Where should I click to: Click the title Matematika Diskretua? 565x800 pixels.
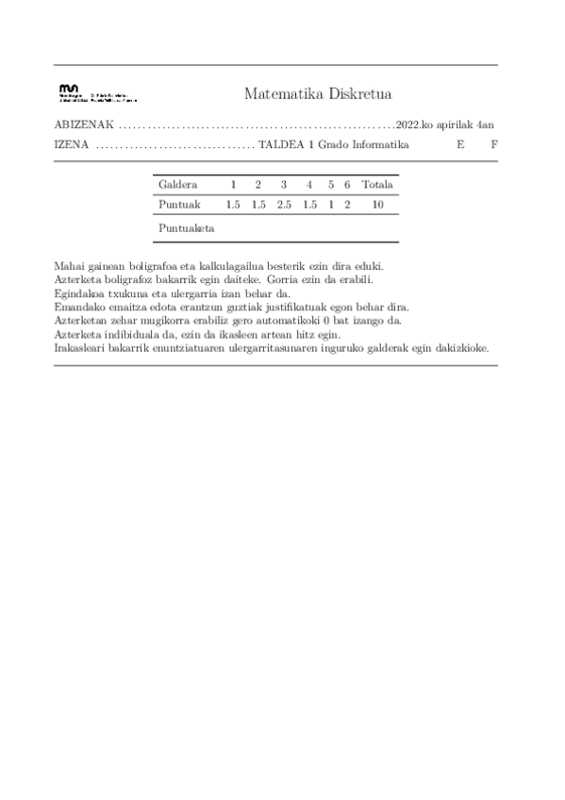click(317, 93)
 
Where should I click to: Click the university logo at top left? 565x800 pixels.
click(96, 93)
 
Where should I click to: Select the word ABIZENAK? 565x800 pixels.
click(85, 125)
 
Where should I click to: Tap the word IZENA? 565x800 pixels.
click(72, 145)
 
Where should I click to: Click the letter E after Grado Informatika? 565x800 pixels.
click(460, 145)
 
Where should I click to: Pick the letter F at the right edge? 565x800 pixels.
click(493, 145)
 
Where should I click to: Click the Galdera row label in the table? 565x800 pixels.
click(178, 185)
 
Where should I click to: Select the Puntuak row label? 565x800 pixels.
click(178, 205)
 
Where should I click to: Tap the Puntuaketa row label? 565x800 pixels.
click(187, 228)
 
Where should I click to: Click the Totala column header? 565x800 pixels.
click(377, 185)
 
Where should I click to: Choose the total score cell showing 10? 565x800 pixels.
click(377, 205)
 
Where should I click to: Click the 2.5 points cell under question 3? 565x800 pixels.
click(284, 205)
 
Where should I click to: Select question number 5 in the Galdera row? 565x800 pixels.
click(331, 185)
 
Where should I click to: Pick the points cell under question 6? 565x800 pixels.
click(347, 205)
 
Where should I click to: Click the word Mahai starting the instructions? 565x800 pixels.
click(70, 268)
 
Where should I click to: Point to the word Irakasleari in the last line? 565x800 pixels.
click(81, 347)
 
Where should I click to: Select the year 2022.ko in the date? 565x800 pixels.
click(415, 125)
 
